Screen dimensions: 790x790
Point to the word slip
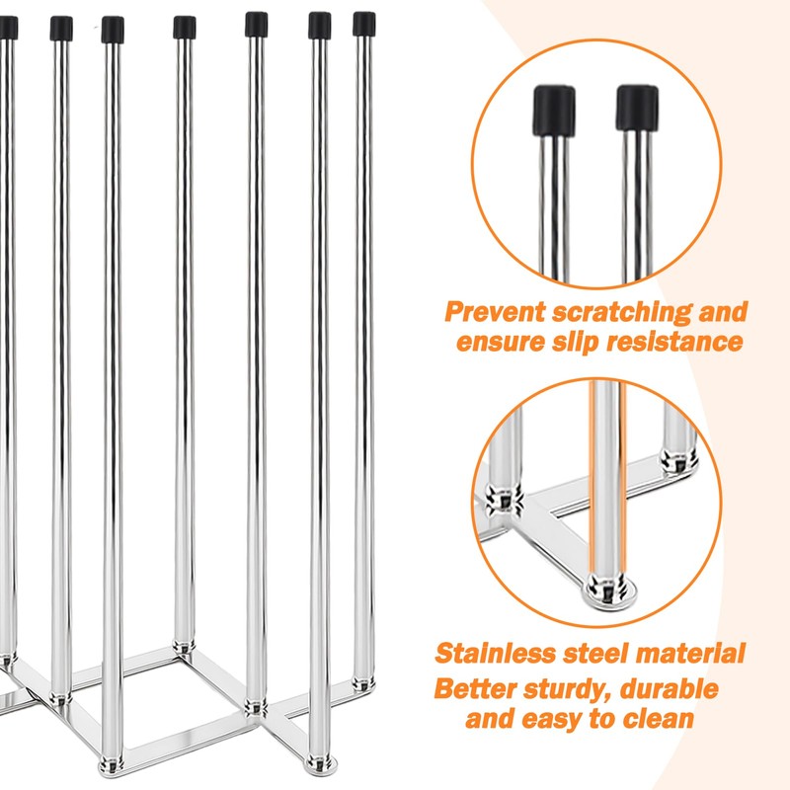tap(588, 343)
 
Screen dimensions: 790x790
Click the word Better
tap(477, 688)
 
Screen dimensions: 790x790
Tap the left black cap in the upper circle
tap(554, 108)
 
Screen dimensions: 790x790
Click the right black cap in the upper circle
tap(637, 108)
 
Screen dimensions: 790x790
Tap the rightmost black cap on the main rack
tap(364, 23)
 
